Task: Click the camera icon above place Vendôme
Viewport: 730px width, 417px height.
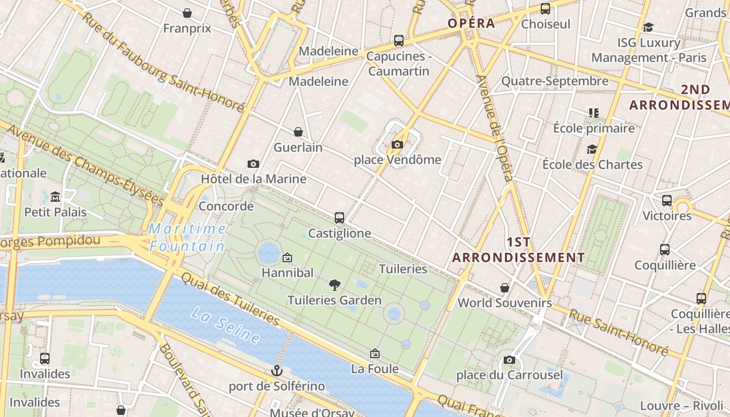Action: click(397, 144)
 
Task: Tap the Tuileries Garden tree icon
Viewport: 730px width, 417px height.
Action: click(335, 285)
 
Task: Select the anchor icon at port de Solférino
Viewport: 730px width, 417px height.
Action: click(277, 371)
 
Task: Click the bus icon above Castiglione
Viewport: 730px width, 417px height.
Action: click(339, 217)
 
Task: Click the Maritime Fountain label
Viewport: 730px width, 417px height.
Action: click(187, 237)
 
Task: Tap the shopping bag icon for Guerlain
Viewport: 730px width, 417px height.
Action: click(298, 132)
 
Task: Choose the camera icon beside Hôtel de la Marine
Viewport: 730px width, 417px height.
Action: click(253, 164)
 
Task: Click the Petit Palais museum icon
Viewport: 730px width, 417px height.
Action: click(55, 197)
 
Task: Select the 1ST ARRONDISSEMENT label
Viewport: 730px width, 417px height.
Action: click(518, 250)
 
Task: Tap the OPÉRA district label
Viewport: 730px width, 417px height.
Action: click(471, 23)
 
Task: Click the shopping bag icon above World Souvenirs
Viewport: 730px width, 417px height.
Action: click(505, 287)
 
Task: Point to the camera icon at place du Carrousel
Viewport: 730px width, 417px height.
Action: click(509, 360)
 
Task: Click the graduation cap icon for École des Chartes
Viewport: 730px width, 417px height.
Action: click(592, 149)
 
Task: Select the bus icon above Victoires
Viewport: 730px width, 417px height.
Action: click(667, 201)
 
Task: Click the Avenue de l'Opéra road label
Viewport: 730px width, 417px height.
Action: click(495, 128)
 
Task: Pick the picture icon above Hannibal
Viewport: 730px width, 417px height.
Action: click(287, 257)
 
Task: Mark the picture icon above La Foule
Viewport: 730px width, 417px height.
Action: click(374, 353)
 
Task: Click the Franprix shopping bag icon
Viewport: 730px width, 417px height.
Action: click(187, 13)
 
